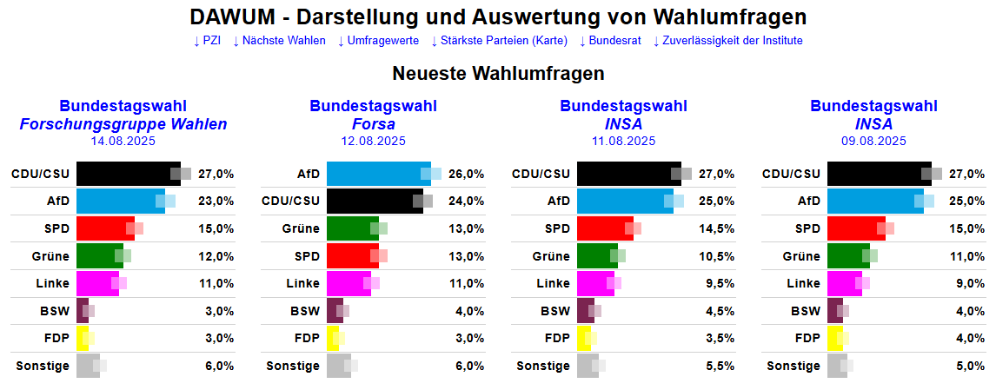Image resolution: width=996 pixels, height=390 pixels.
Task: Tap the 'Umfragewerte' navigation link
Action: (379, 41)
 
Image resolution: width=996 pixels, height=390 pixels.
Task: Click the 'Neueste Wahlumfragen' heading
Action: (498, 73)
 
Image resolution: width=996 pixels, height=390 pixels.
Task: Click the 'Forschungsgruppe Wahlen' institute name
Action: (123, 124)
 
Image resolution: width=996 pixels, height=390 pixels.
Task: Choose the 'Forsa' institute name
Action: (374, 124)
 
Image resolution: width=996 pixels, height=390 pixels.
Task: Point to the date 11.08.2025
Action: (624, 141)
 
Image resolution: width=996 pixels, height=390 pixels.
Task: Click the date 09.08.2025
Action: (874, 141)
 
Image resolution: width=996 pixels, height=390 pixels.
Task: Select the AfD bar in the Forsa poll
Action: (378, 174)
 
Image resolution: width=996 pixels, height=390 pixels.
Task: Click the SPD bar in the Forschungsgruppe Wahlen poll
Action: (105, 228)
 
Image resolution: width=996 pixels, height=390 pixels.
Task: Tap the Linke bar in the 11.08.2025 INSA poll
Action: (595, 283)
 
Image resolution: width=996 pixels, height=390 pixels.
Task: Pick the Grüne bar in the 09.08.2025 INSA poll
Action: (848, 256)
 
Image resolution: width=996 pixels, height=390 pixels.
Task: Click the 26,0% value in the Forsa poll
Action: (467, 174)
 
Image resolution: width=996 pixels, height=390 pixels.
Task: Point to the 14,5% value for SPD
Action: (717, 228)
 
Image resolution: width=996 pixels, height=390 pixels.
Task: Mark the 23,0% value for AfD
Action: (216, 201)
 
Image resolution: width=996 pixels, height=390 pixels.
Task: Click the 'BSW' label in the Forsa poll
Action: (305, 311)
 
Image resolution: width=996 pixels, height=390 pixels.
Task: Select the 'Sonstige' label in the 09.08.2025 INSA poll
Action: (793, 366)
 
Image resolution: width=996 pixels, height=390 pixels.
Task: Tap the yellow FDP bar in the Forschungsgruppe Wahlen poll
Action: (83, 338)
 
